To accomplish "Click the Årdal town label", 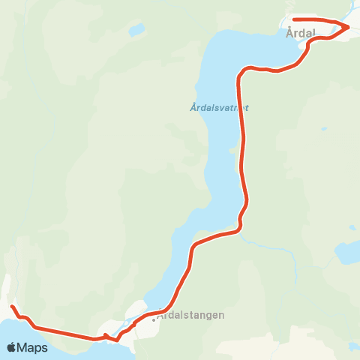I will [300, 33].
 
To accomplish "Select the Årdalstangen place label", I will [191, 316].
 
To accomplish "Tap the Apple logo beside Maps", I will [12, 347].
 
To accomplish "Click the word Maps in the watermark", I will [33, 347].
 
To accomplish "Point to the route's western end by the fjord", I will [12, 307].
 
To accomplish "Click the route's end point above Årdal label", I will [294, 19].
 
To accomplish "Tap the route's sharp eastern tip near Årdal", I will [349, 27].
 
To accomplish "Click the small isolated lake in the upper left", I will [136, 31].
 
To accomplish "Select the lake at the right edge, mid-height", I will [347, 253].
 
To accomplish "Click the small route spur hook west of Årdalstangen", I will [106, 335].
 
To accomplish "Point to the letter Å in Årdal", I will [290, 33].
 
